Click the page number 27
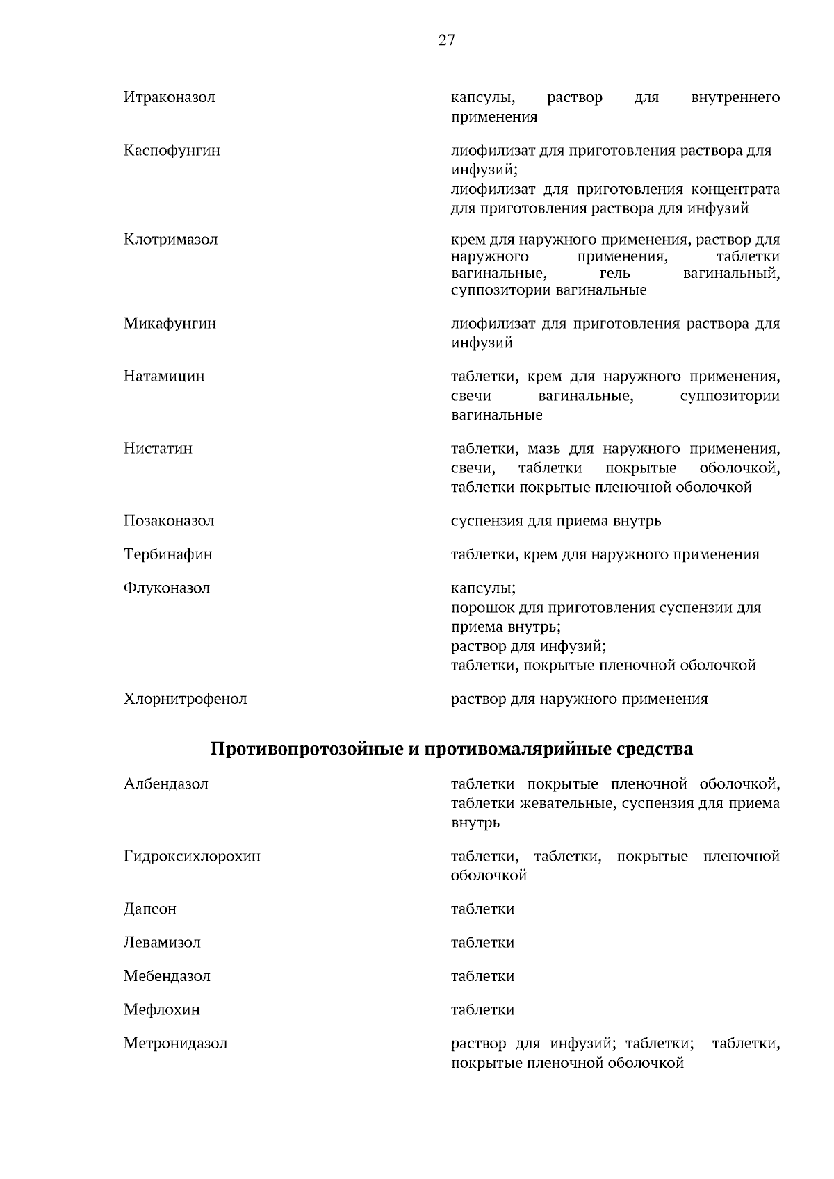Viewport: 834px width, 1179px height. (446, 40)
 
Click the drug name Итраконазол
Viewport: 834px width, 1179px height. (170, 97)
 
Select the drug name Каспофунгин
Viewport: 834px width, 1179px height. (172, 150)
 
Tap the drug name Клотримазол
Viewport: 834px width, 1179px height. (171, 240)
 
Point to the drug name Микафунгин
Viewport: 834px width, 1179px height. (170, 323)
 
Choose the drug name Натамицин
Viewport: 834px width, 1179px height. (164, 377)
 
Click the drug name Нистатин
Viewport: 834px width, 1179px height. (158, 448)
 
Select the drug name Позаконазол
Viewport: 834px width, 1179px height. (169, 521)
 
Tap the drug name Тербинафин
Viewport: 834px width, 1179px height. (168, 554)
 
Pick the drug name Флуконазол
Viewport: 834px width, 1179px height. (167, 588)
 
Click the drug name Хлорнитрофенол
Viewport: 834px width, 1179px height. (185, 699)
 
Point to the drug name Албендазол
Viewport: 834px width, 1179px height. (166, 784)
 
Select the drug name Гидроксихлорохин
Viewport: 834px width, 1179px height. (192, 856)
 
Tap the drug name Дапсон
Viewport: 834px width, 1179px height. (150, 909)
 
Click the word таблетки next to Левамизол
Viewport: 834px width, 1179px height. (482, 943)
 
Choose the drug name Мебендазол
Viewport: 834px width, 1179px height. (167, 976)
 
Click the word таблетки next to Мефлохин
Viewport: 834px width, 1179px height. (482, 1009)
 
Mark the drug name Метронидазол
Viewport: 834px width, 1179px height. (176, 1044)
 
